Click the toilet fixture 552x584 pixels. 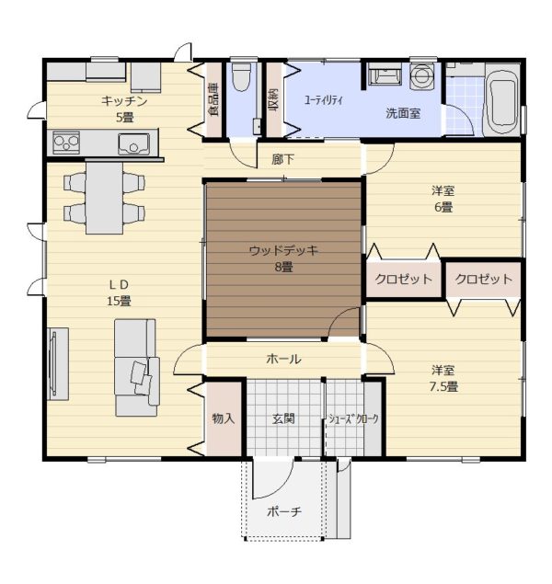click(x=241, y=76)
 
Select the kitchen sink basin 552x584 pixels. click(x=133, y=143)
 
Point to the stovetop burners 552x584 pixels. click(x=66, y=142)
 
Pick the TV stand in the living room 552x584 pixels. click(x=58, y=363)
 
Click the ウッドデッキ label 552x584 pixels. click(x=283, y=250)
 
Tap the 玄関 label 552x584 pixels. click(x=283, y=418)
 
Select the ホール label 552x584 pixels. click(x=283, y=359)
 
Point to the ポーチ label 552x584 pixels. click(x=284, y=511)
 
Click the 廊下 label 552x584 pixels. click(x=282, y=160)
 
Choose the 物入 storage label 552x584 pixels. click(x=224, y=418)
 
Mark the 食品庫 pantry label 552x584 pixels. click(x=214, y=100)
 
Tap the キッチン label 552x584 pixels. click(x=124, y=101)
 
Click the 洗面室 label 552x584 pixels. click(x=403, y=113)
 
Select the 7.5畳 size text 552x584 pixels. click(x=443, y=386)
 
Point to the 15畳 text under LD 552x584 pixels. click(x=119, y=301)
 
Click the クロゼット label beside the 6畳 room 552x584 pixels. click(x=403, y=279)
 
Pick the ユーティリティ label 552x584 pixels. click(x=323, y=100)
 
